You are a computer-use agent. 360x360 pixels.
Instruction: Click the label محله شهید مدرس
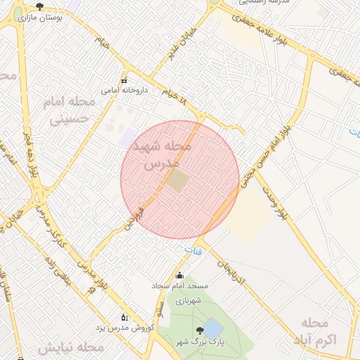coord(167,155)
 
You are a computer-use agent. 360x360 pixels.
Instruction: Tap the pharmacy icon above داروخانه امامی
coord(124,79)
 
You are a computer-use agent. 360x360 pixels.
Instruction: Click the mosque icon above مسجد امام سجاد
coord(179,276)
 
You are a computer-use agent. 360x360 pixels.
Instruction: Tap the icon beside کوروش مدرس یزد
coord(125,317)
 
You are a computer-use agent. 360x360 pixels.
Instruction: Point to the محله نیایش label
coord(70,348)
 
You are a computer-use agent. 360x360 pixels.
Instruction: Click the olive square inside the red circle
coord(177,181)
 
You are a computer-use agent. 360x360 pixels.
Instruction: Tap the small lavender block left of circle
coord(127,137)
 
